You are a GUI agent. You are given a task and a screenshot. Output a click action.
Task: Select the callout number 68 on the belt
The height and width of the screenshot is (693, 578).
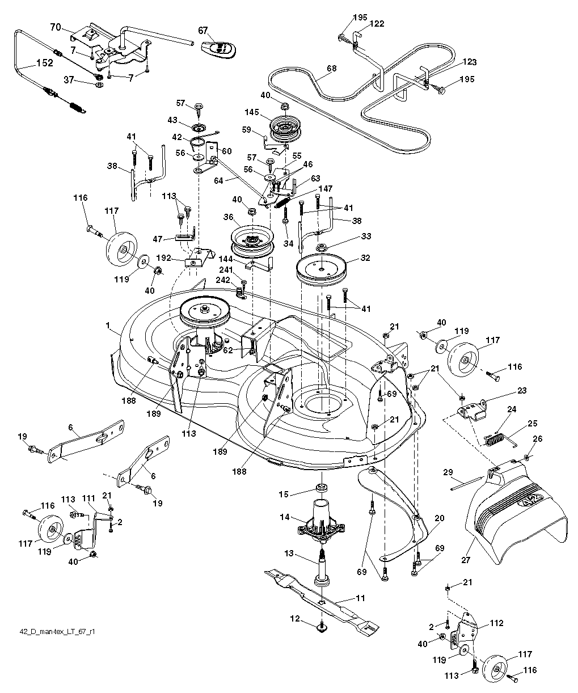pos(331,69)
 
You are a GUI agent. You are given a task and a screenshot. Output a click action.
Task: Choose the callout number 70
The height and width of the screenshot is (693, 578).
pos(56,27)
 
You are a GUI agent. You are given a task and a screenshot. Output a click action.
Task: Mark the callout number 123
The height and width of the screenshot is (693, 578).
pos(469,62)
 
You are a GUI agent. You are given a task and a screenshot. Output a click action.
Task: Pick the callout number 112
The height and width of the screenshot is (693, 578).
pos(496,623)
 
